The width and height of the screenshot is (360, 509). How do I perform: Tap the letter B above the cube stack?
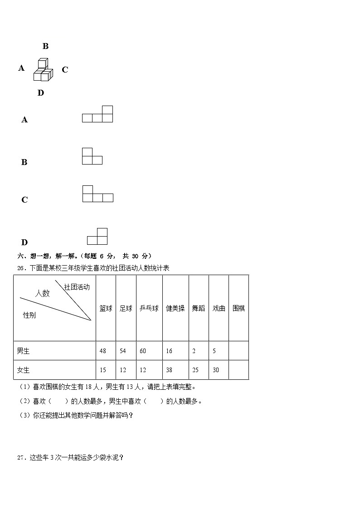45,46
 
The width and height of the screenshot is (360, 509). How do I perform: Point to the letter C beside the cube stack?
65,70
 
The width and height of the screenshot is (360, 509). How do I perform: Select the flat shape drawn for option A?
97,114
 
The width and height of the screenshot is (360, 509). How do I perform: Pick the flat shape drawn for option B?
92,156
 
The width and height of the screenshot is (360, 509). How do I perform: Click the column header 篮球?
106,308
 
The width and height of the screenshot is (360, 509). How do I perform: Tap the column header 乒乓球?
149,308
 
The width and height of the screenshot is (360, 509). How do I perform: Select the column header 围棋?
238,308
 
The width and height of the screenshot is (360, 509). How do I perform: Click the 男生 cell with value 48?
103,351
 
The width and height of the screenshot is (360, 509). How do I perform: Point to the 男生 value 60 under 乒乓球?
143,351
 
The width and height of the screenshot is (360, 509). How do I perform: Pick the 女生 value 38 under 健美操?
169,370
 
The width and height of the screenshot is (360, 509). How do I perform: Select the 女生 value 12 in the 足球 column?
123,370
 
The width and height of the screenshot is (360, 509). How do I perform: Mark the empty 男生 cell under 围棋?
238,351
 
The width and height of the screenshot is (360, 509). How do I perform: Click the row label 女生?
23,370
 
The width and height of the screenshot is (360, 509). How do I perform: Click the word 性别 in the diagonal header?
29,315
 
